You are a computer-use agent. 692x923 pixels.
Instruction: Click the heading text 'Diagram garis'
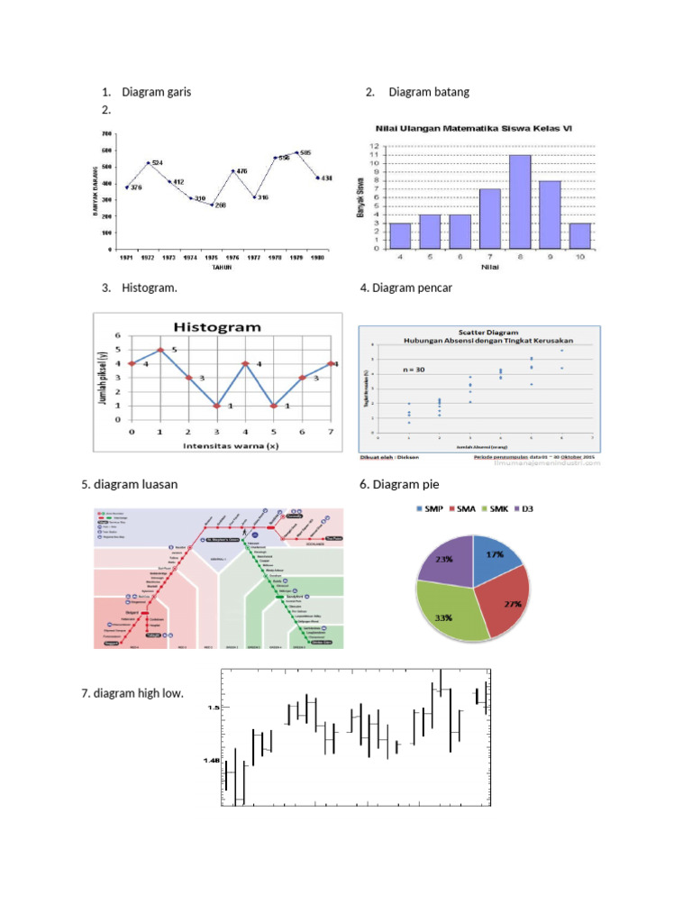[156, 92]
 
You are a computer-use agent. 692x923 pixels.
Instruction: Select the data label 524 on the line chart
[157, 163]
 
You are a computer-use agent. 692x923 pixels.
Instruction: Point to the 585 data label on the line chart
[305, 153]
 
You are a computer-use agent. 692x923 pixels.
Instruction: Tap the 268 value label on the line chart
[220, 206]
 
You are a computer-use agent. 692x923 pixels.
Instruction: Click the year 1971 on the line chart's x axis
[126, 257]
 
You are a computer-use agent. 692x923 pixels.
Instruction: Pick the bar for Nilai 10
[579, 235]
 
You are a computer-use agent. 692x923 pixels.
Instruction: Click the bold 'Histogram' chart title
[217, 327]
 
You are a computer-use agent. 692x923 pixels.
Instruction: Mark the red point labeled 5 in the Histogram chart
[160, 350]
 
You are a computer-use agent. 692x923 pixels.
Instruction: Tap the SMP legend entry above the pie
[430, 510]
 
